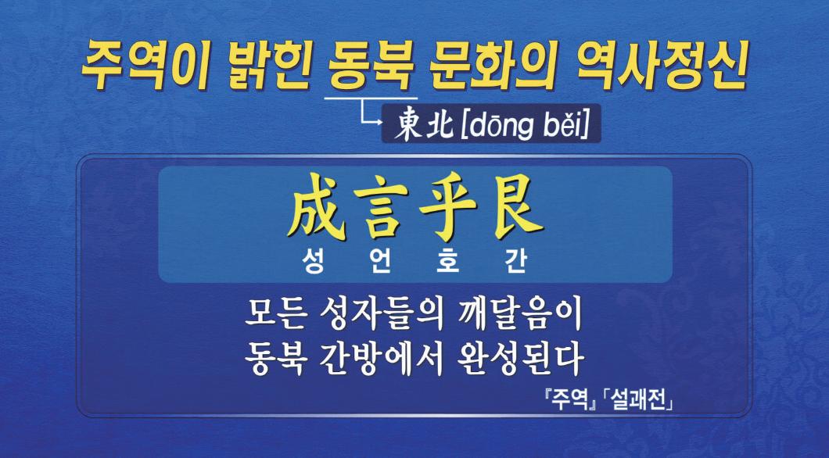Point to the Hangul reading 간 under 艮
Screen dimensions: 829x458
pyautogui.click(x=515, y=262)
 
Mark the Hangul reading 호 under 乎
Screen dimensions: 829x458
pyautogui.click(x=448, y=262)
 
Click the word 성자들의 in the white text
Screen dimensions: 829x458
pyautogui.click(x=378, y=315)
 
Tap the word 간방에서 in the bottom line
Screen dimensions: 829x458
pyautogui.click(x=376, y=360)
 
